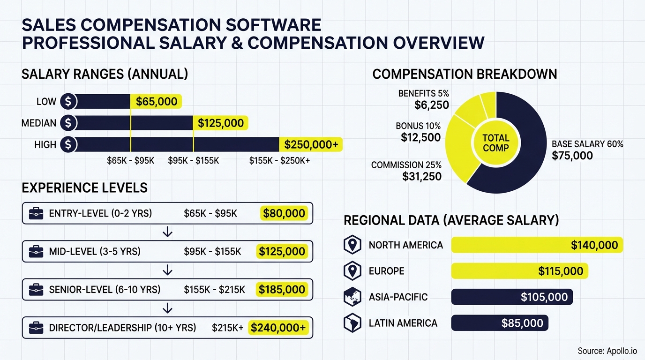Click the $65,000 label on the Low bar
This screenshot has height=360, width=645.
click(157, 101)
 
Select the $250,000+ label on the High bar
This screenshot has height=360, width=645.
click(311, 144)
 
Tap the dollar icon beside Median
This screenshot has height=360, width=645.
click(68, 123)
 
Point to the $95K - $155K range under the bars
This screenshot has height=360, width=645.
click(194, 161)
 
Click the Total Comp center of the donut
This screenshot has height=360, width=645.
click(495, 143)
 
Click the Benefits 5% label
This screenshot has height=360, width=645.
click(423, 93)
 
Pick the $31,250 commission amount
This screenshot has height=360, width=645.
click(421, 176)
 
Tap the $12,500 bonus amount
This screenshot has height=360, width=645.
click(420, 137)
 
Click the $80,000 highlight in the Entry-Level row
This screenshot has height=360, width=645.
click(284, 214)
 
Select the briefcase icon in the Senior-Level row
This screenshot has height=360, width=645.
click(36, 290)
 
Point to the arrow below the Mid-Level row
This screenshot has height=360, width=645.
click(167, 270)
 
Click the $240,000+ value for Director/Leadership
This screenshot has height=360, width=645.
click(278, 328)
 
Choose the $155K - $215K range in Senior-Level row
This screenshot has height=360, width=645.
click(214, 290)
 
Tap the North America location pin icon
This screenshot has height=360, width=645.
click(352, 245)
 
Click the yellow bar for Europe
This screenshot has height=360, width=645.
click(519, 271)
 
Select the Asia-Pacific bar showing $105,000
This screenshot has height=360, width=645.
click(511, 297)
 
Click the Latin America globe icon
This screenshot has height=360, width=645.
click(352, 323)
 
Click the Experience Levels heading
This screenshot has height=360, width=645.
click(84, 188)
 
